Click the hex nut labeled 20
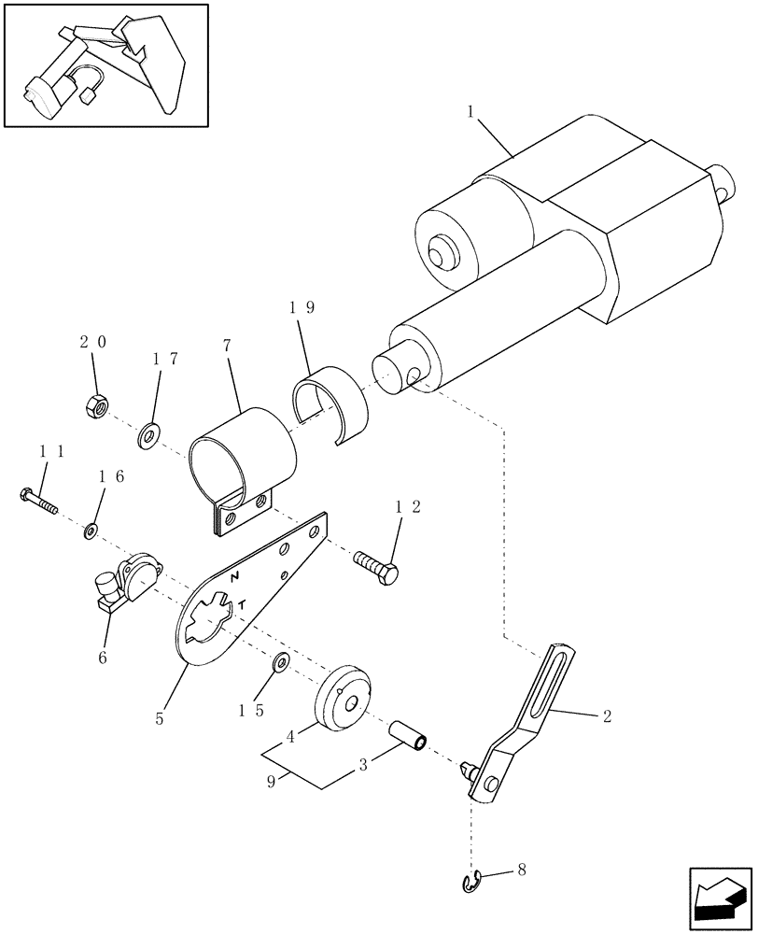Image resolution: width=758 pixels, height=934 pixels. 94,404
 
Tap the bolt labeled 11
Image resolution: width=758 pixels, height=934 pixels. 37,501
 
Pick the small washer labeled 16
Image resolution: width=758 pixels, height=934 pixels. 91,531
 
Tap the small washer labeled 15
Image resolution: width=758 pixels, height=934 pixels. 281,662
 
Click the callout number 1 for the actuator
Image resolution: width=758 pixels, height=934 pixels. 472,112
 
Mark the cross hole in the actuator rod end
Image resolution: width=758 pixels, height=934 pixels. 412,376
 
